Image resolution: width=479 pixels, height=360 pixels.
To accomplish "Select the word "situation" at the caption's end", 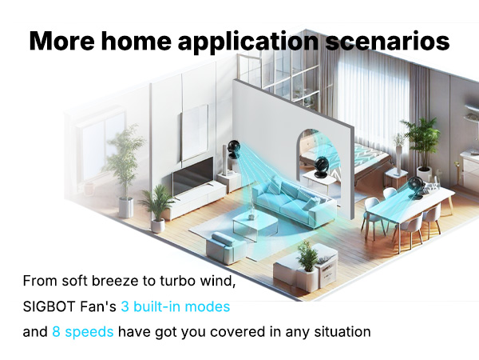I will click(x=341, y=331).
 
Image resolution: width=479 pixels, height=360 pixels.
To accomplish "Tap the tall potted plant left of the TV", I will click(x=124, y=164).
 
